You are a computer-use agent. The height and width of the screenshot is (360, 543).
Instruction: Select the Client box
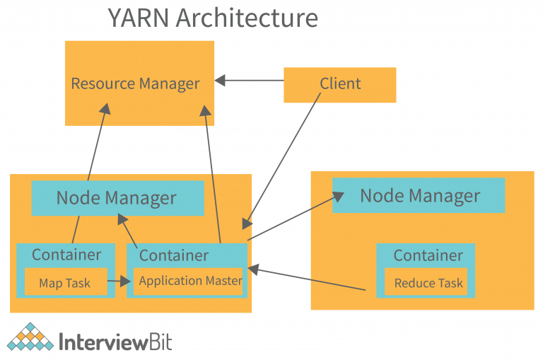pyautogui.click(x=339, y=84)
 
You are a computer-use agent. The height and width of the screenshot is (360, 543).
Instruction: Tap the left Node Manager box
pyautogui.click(x=117, y=197)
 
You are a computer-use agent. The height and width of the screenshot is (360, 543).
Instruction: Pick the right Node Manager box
pyautogui.click(x=419, y=195)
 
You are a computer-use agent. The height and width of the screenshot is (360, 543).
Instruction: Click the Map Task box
pyautogui.click(x=65, y=283)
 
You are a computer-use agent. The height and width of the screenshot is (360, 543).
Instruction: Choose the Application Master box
pyautogui.click(x=189, y=281)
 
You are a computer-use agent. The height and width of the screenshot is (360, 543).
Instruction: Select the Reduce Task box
pyautogui.click(x=428, y=283)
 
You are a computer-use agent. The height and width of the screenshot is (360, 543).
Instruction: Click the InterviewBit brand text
pyautogui.click(x=115, y=342)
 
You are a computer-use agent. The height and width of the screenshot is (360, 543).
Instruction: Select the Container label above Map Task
pyautogui.click(x=66, y=255)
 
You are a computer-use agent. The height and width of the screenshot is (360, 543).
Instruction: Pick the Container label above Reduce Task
pyautogui.click(x=428, y=255)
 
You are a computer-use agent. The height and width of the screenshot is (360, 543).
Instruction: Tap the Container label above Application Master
pyautogui.click(x=173, y=255)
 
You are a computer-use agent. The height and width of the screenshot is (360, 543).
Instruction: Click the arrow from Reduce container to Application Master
pyautogui.click(x=308, y=279)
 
